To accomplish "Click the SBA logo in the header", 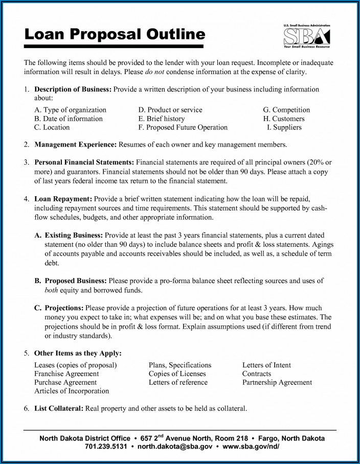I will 306,36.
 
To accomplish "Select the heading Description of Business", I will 73,89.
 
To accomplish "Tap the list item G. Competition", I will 286,110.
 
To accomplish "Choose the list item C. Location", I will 52,127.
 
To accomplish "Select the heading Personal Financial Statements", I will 84,163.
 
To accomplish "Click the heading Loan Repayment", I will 63,198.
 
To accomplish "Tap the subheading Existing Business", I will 74,235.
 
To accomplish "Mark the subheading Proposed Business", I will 75,281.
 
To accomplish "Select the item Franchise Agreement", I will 66,374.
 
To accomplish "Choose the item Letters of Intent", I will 266,365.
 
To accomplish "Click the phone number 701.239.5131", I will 105,447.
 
